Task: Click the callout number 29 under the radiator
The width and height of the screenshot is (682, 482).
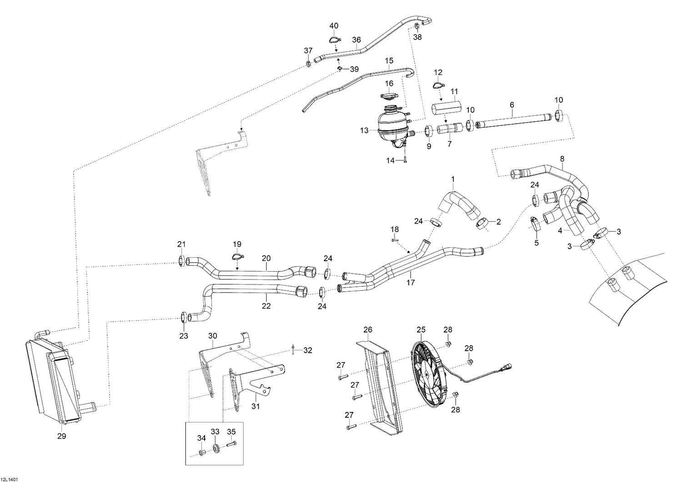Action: click(62, 436)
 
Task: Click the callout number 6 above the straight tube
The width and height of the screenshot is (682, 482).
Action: click(512, 104)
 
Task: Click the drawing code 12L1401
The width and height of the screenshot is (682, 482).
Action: click(9, 479)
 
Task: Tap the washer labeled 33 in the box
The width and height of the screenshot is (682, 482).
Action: click(216, 448)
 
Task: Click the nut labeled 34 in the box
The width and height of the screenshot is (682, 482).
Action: click(202, 453)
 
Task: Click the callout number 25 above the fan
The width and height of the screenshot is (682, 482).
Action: click(421, 329)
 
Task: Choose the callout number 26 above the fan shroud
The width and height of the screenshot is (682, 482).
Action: click(368, 329)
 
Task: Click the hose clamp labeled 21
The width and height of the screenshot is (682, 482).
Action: click(181, 261)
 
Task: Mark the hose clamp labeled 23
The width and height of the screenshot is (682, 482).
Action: click(184, 317)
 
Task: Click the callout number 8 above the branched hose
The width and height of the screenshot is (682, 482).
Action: click(562, 159)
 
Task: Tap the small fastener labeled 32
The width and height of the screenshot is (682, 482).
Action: click(293, 350)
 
